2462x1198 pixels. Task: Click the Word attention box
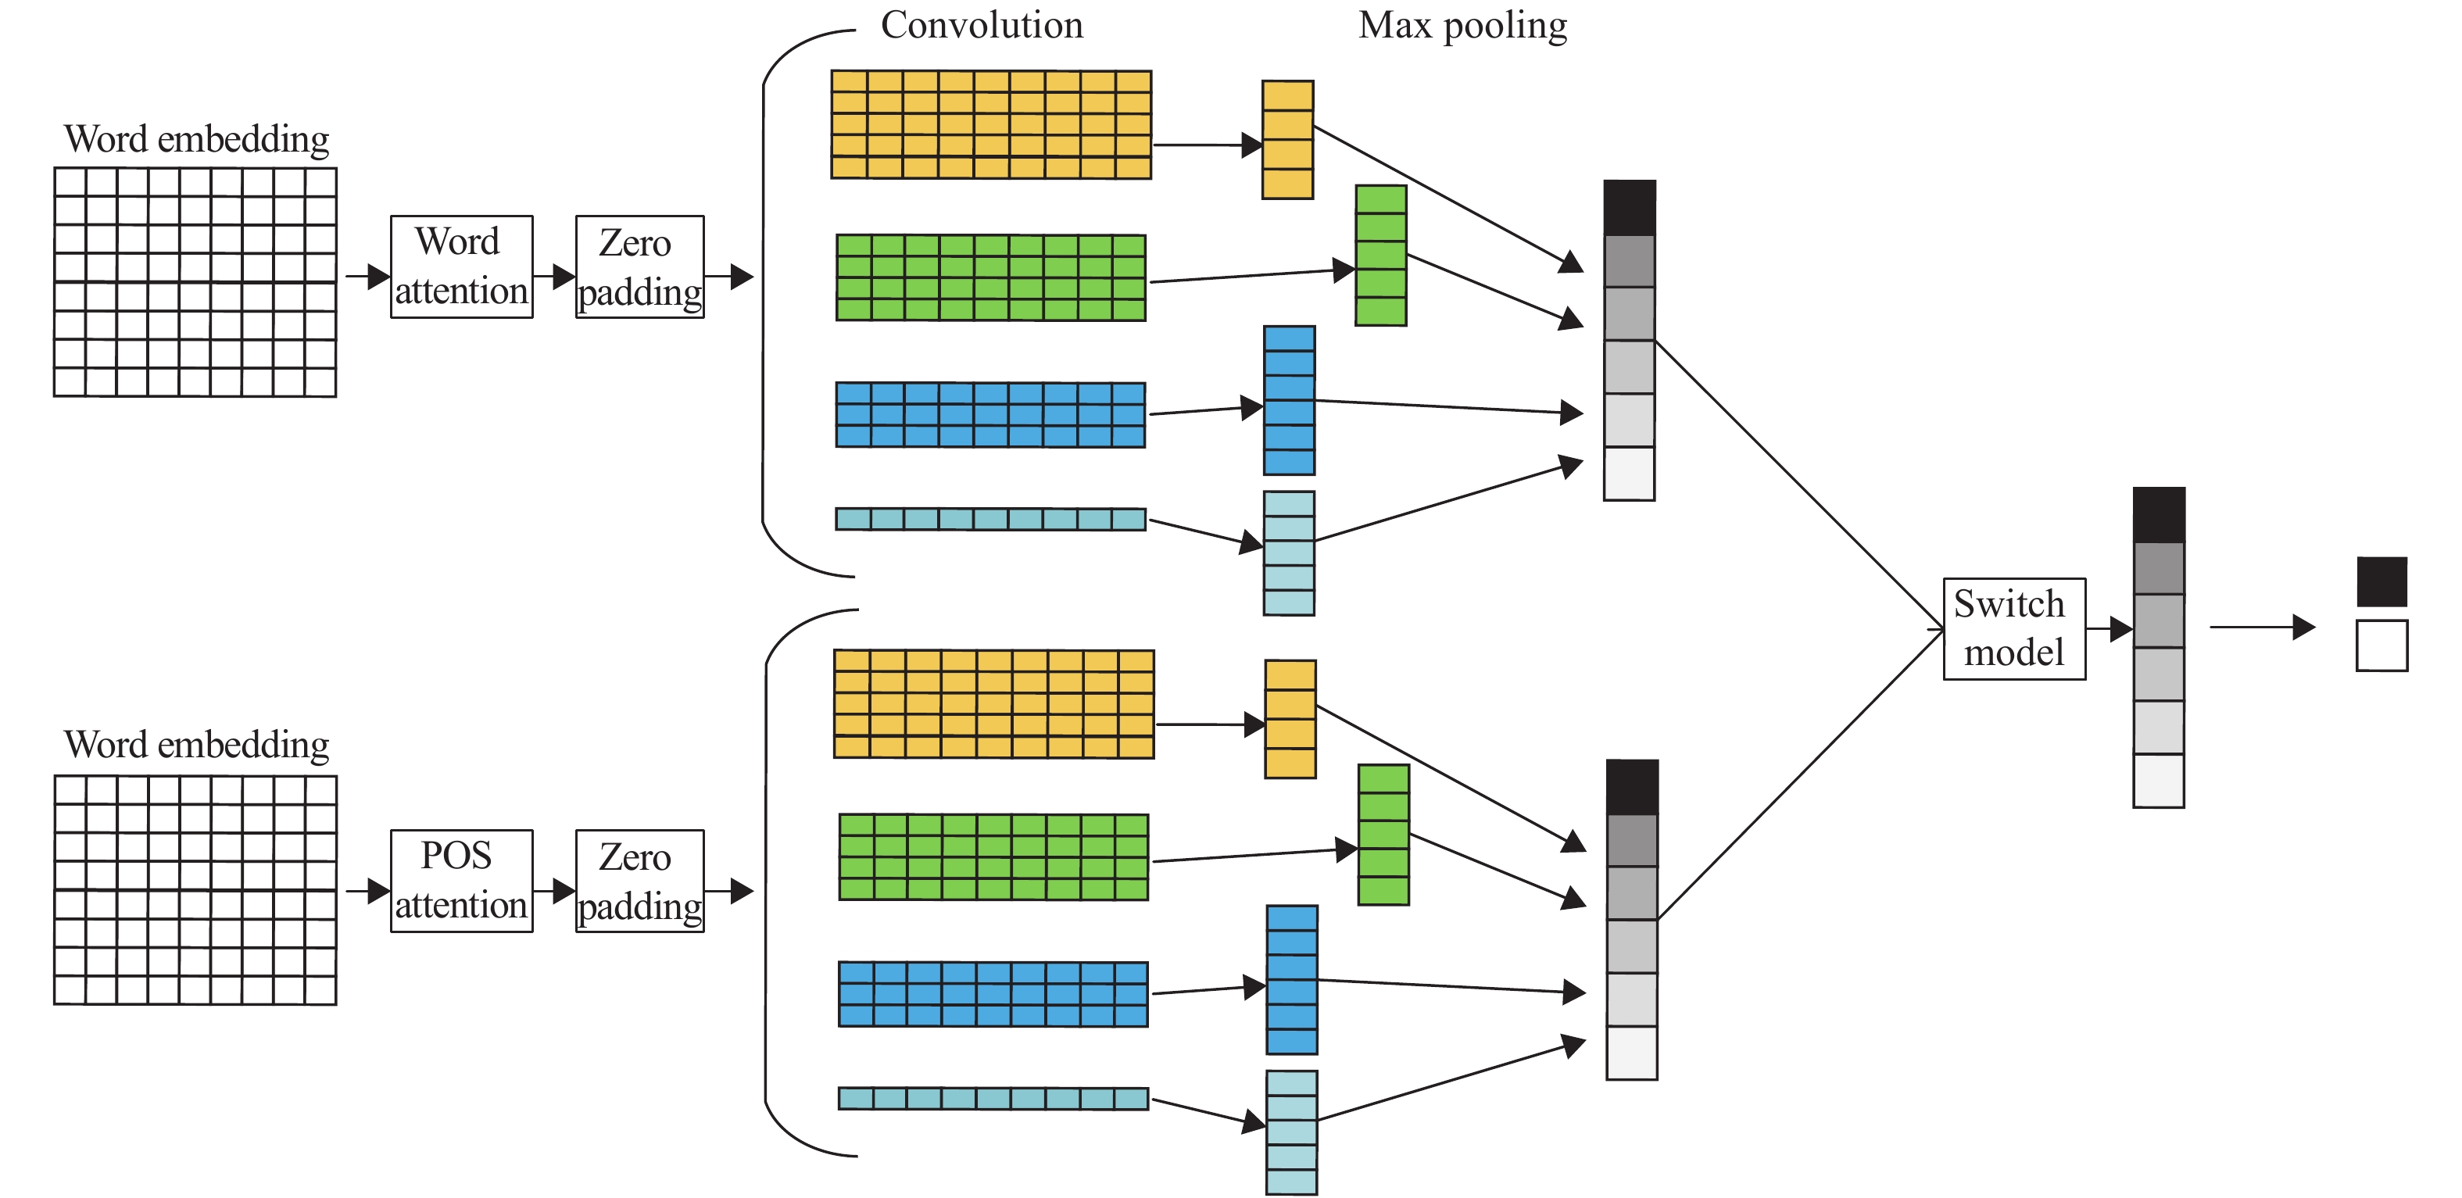pyautogui.click(x=462, y=266)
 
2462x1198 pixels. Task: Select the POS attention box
pyautogui.click(x=462, y=881)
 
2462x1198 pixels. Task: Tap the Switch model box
pyautogui.click(x=2013, y=628)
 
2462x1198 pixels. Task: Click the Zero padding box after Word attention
pyautogui.click(x=639, y=266)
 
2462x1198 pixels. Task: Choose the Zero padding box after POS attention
pyautogui.click(x=639, y=881)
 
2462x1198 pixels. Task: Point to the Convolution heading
pyautogui.click(x=982, y=26)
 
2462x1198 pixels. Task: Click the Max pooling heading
pyautogui.click(x=1462, y=26)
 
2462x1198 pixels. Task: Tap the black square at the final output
pyautogui.click(x=2381, y=581)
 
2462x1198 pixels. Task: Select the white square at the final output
pyautogui.click(x=2381, y=645)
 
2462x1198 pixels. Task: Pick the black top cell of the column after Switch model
pyautogui.click(x=2158, y=515)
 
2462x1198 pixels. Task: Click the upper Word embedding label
pyautogui.click(x=196, y=139)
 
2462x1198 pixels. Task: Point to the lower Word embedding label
pyautogui.click(x=196, y=746)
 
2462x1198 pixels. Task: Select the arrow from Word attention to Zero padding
pyautogui.click(x=554, y=277)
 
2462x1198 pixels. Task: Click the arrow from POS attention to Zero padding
pyautogui.click(x=554, y=892)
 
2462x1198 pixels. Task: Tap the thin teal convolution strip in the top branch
pyautogui.click(x=990, y=519)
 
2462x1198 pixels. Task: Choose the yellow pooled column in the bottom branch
pyautogui.click(x=1290, y=718)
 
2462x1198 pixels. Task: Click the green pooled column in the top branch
pyautogui.click(x=1380, y=255)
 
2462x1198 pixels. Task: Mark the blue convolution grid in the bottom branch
pyautogui.click(x=993, y=993)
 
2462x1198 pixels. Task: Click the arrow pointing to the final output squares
pyautogui.click(x=2261, y=628)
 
